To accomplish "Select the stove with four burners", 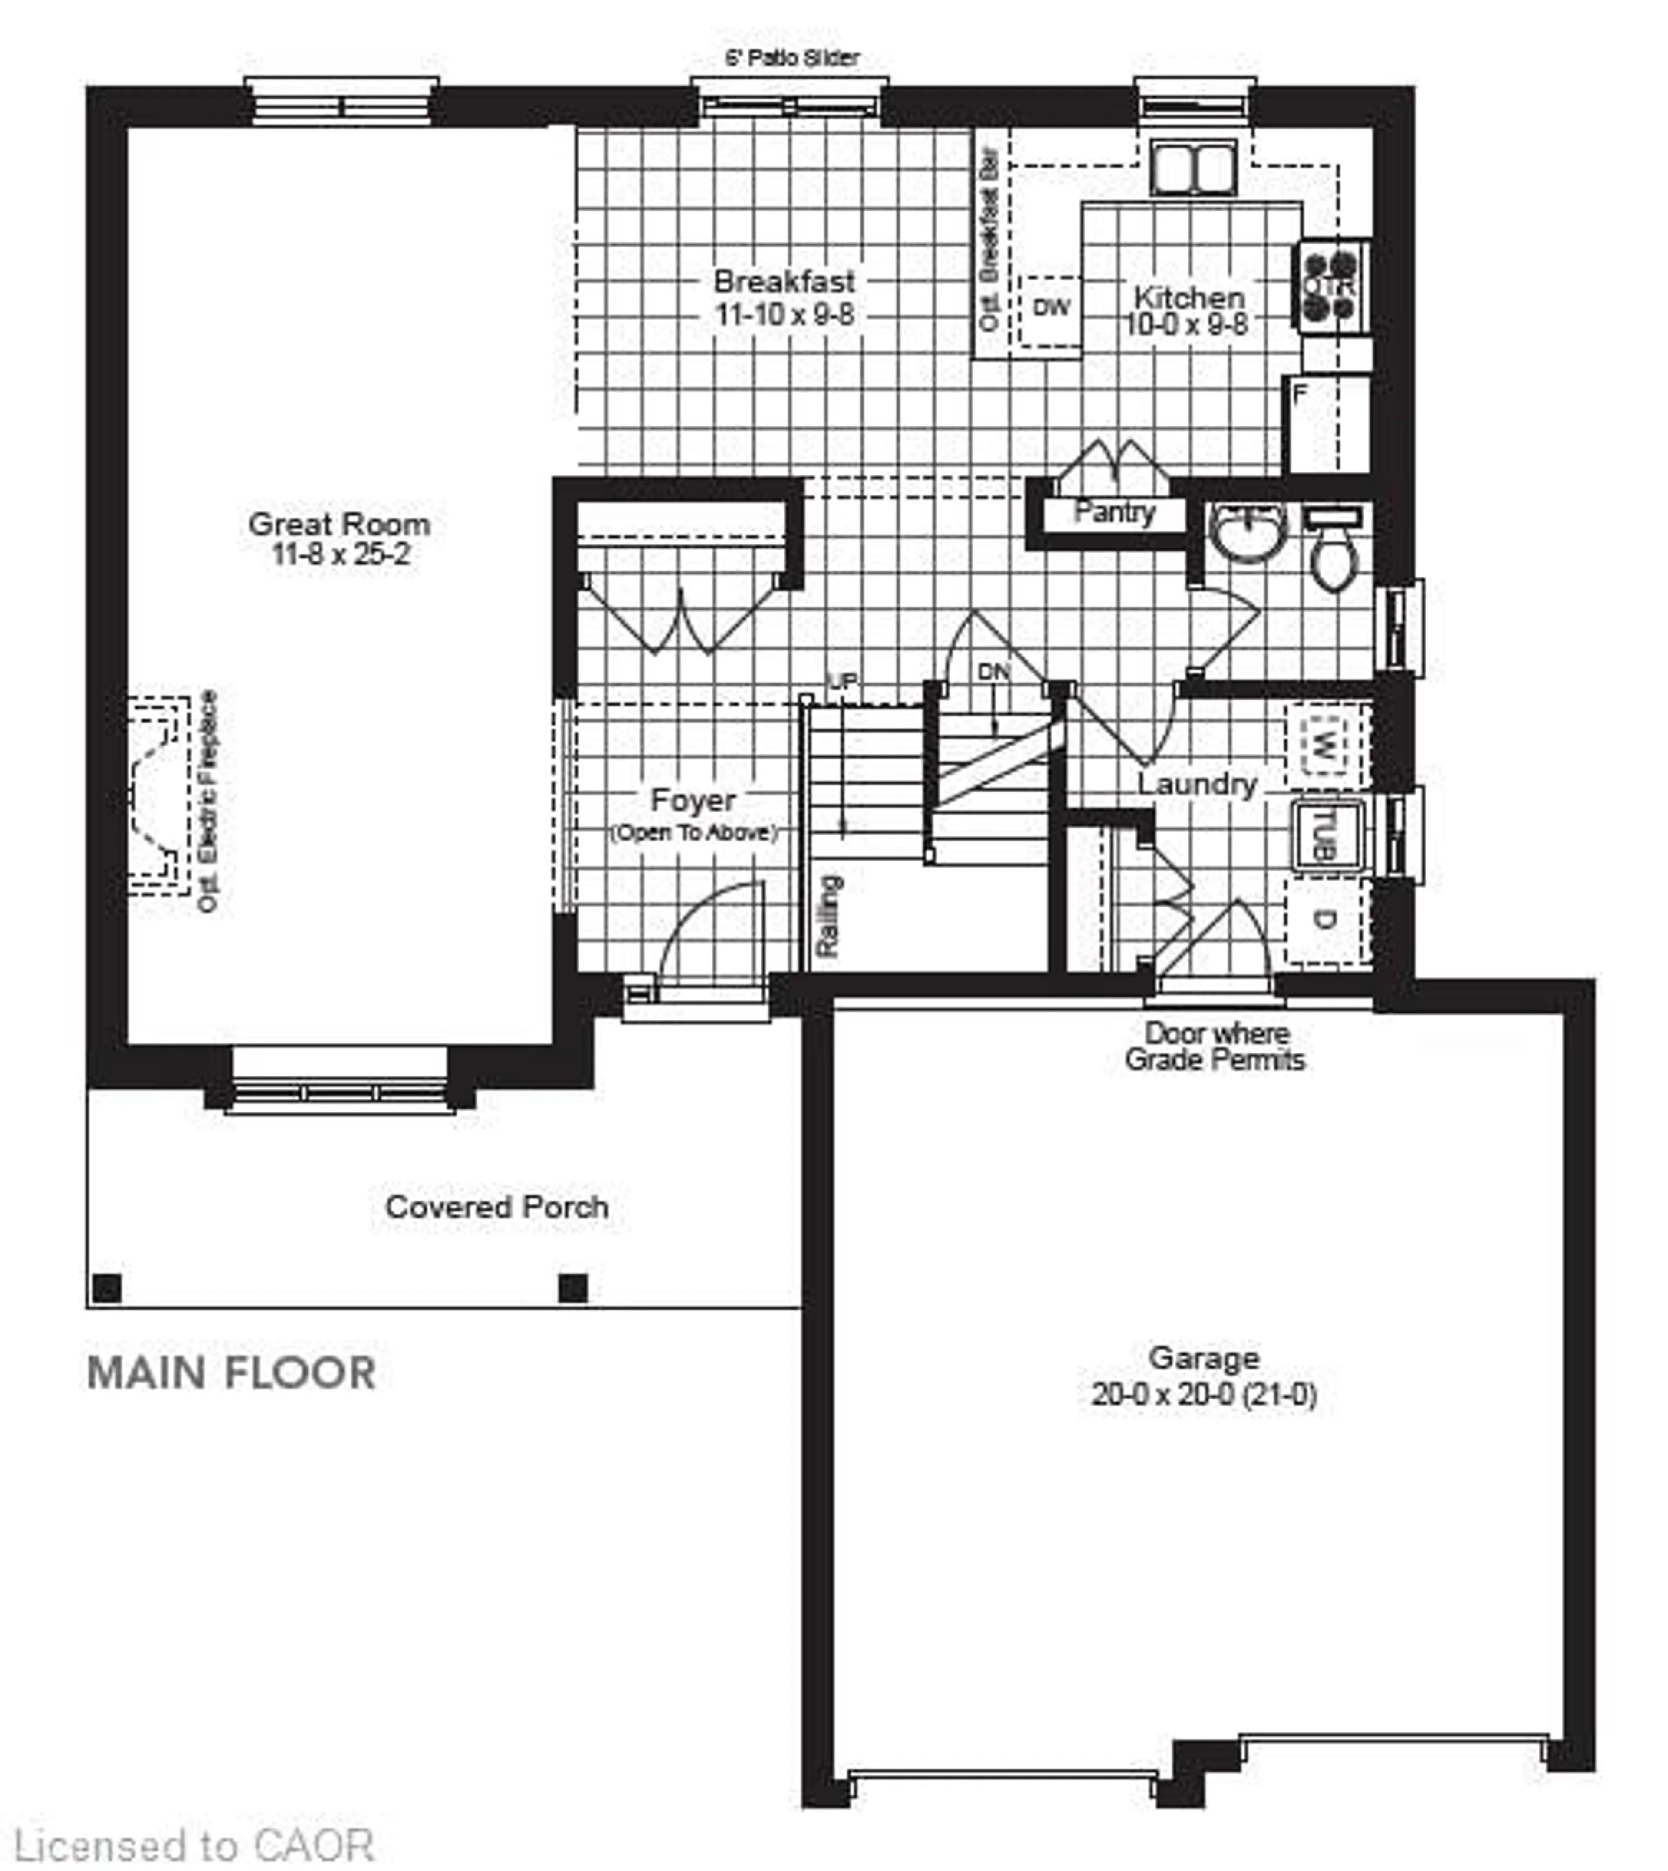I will (x=1331, y=285).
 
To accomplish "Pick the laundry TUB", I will (x=1326, y=834).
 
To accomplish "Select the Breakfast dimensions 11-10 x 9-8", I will (x=784, y=314).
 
